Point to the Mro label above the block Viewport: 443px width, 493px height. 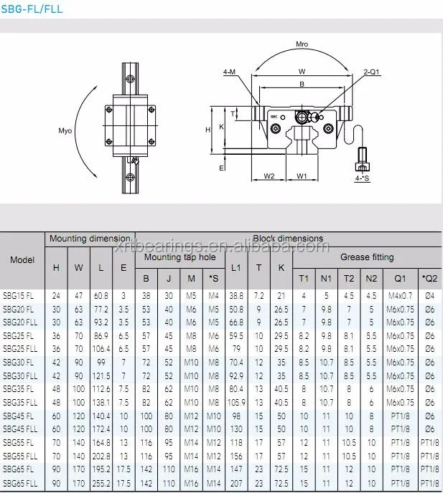point(302,44)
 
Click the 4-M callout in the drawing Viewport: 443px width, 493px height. point(230,72)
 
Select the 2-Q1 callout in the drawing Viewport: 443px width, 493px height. point(371,72)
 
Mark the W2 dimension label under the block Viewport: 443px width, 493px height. point(269,176)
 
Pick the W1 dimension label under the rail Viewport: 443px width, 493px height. point(302,176)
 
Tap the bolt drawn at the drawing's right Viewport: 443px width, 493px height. point(363,155)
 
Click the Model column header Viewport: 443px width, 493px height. point(22,260)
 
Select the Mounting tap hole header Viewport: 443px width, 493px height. point(179,257)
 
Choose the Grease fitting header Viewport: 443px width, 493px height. point(367,257)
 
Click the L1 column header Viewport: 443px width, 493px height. point(236,268)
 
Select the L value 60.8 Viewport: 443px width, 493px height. point(101,295)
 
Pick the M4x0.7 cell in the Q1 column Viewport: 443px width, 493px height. point(400,295)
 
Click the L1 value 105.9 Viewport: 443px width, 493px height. point(236,403)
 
